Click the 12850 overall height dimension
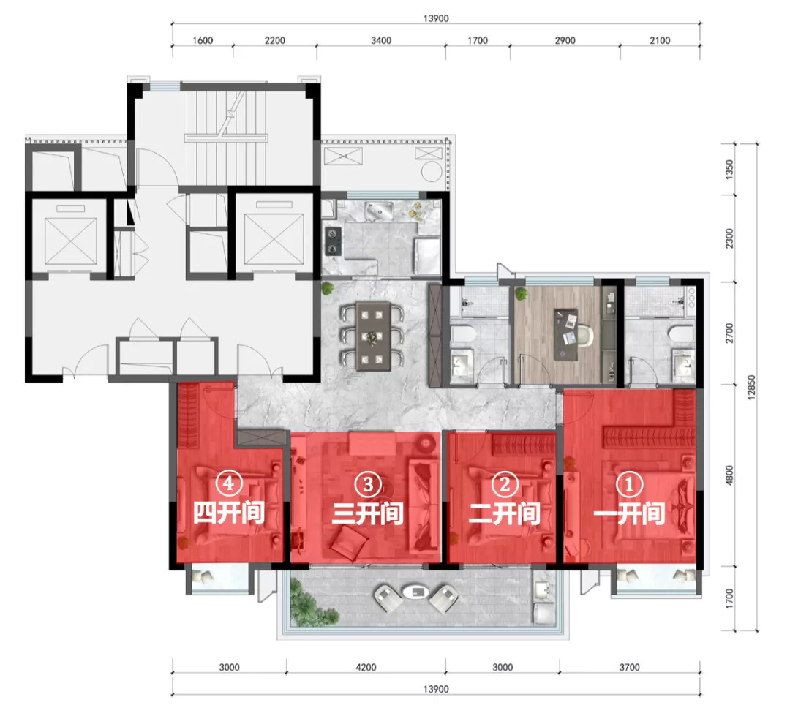point(751,388)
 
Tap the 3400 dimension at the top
point(381,40)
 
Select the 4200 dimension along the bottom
point(366,667)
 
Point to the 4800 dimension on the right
point(729,475)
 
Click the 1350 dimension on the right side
point(729,168)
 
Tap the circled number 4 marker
point(229,483)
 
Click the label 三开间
point(367,513)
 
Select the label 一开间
point(629,513)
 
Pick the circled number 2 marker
point(504,484)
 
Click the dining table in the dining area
point(373,336)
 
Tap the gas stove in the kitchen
point(333,241)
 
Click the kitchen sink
point(380,210)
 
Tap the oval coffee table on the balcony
point(416,592)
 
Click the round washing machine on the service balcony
point(432,172)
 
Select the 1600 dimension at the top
point(203,40)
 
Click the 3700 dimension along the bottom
point(629,667)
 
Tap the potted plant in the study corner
point(522,294)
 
